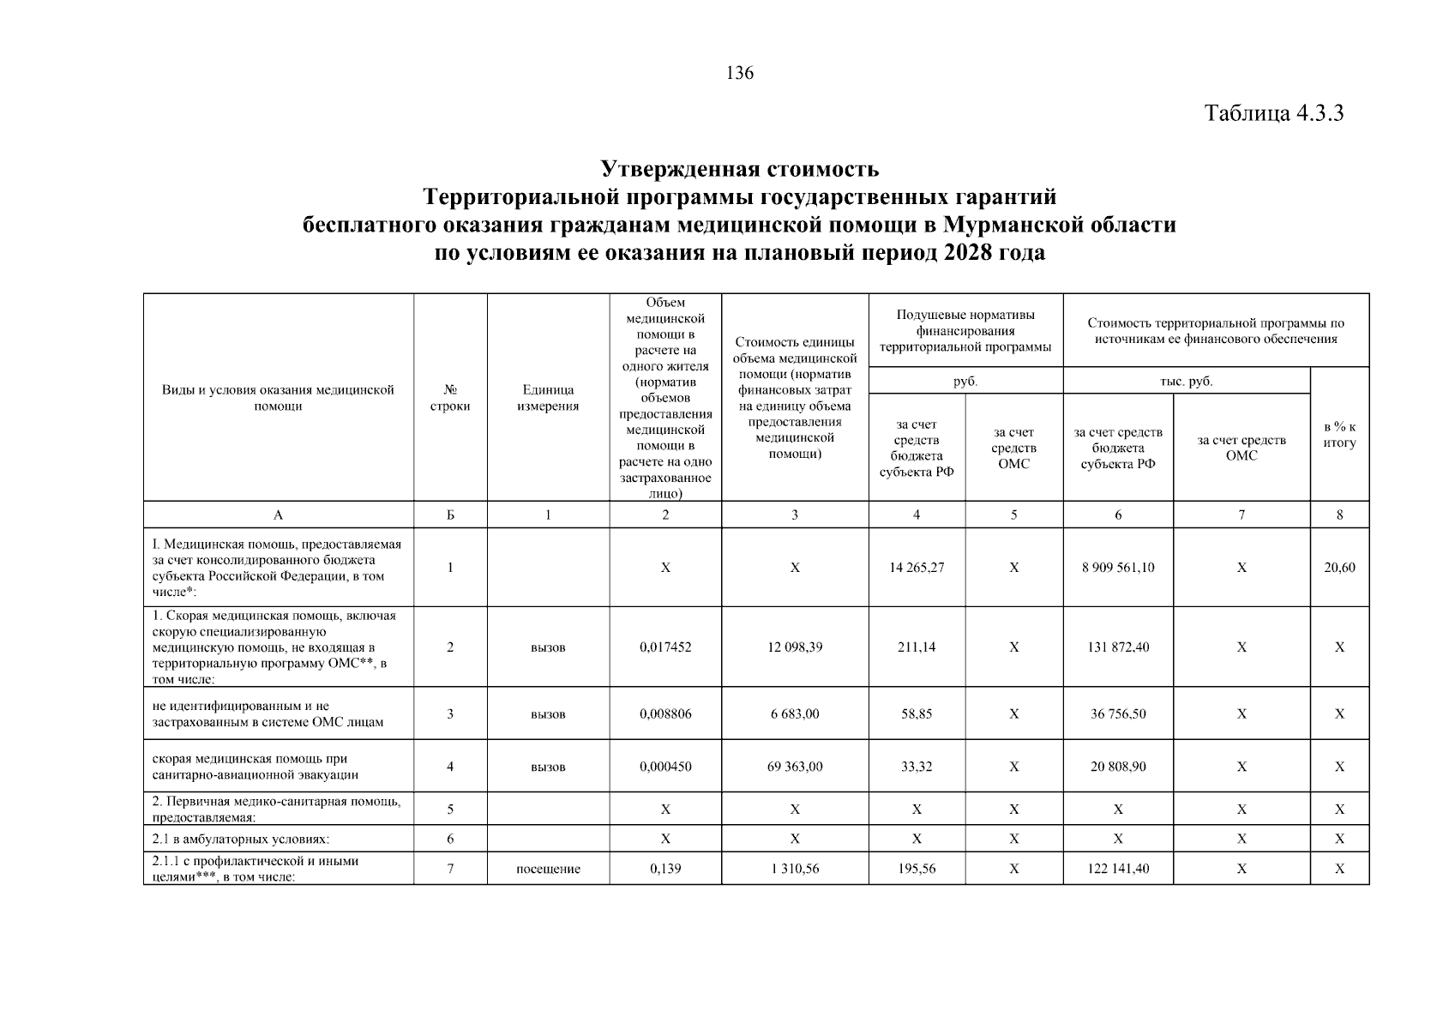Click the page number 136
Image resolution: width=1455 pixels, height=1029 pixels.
tap(740, 74)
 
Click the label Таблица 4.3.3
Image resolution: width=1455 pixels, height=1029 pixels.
tap(1273, 113)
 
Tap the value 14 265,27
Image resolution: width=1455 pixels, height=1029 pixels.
tap(917, 568)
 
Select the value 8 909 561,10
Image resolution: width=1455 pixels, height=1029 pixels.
tap(1118, 568)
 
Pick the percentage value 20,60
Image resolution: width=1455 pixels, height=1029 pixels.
tap(1339, 568)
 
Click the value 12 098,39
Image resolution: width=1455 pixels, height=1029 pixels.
tap(795, 647)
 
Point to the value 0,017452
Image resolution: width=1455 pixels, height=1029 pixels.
tap(665, 647)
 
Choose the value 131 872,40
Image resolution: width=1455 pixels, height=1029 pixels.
tap(1118, 647)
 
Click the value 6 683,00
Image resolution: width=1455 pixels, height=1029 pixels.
tap(795, 713)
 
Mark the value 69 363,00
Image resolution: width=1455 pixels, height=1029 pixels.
tap(795, 767)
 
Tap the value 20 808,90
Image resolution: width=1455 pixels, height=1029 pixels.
tap(1118, 767)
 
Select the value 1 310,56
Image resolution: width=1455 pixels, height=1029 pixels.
tap(795, 869)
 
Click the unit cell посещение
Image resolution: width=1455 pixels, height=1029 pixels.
tap(548, 869)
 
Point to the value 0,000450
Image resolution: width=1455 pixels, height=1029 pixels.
tap(665, 767)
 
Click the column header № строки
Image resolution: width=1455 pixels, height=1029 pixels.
tap(450, 398)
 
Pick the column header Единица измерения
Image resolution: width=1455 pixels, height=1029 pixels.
tap(548, 398)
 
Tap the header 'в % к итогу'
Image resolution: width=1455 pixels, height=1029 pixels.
tap(1339, 435)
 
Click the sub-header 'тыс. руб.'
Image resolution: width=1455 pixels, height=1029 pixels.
tap(1187, 382)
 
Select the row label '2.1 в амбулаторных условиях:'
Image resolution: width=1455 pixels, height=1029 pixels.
tap(241, 839)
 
